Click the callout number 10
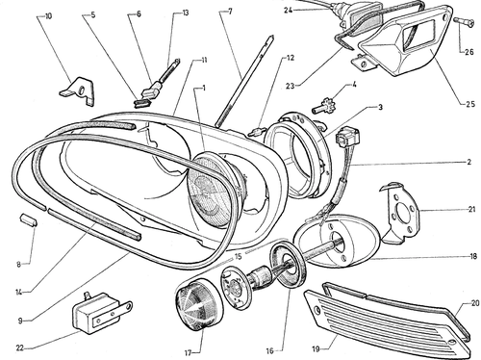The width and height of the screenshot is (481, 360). [48, 16]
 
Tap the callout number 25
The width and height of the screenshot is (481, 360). [470, 104]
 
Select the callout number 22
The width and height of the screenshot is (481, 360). [20, 347]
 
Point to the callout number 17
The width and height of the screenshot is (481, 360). [188, 353]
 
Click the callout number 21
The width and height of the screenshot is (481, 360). [471, 210]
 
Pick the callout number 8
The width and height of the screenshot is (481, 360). [19, 265]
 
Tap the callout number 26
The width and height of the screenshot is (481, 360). [469, 51]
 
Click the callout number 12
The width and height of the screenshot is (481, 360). [291, 58]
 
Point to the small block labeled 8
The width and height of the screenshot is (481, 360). [28, 220]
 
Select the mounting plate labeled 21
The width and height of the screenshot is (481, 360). [400, 213]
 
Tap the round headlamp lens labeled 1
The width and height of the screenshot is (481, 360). [213, 190]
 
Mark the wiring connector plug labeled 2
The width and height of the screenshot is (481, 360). [347, 136]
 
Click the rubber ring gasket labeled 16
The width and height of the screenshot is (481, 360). [289, 265]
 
